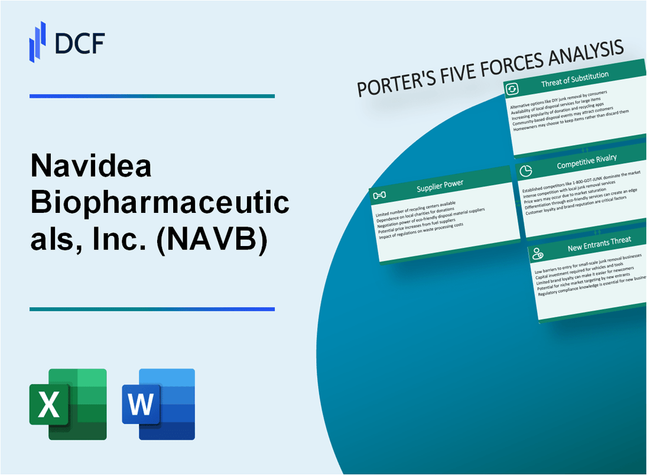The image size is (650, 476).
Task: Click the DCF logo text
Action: (x=80, y=43)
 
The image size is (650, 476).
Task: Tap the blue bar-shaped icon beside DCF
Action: (x=38, y=42)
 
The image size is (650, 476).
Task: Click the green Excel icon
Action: (x=68, y=404)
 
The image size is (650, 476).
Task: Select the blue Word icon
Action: (x=158, y=404)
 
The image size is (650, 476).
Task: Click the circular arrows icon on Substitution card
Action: (x=512, y=89)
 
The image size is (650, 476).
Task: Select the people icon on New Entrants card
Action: (x=538, y=254)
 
